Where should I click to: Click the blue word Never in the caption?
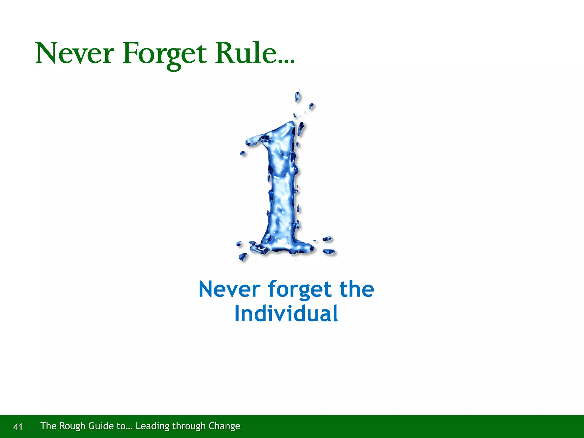tap(229, 289)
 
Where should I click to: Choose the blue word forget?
tap(300, 290)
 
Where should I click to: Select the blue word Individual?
tap(286, 314)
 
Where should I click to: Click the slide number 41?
tap(18, 427)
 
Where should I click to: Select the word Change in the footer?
tap(224, 426)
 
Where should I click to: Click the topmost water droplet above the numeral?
tap(297, 96)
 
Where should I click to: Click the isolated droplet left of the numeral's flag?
tap(243, 153)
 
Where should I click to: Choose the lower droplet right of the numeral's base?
tap(329, 252)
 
